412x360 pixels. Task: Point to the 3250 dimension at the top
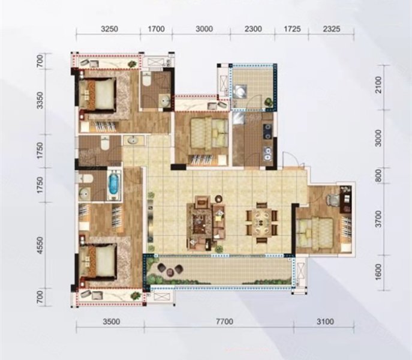(110, 29)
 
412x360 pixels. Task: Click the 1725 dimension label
(292, 28)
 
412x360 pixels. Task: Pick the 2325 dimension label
(332, 28)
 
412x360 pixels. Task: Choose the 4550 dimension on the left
(40, 245)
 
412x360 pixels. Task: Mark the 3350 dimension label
(40, 100)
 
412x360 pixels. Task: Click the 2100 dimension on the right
(378, 85)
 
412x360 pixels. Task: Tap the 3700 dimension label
(378, 219)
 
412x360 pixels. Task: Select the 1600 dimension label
(378, 272)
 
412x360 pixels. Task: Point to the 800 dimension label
(378, 175)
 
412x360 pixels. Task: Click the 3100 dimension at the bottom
(325, 322)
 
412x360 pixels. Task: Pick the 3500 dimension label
(112, 322)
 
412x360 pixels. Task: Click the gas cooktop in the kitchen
(268, 131)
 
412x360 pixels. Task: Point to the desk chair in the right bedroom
(332, 200)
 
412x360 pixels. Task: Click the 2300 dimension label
(253, 29)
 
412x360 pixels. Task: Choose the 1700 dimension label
(157, 29)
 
